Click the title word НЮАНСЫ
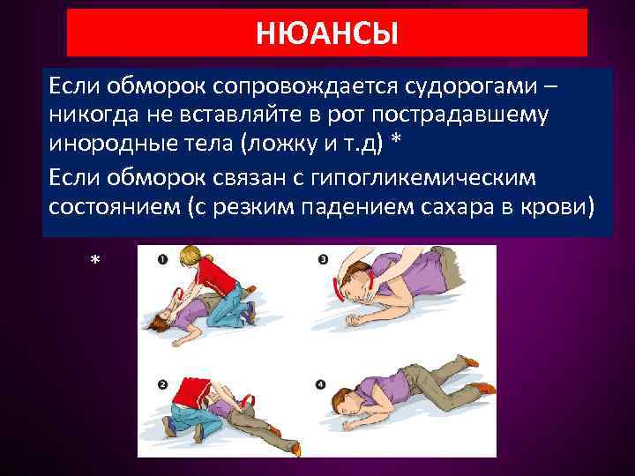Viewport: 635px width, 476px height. coord(327,34)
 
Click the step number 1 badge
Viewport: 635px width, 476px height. coord(163,260)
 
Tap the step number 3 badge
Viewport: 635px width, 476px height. coord(323,260)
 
